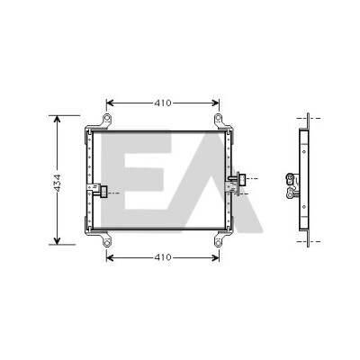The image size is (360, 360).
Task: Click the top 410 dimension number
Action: (x=163, y=103)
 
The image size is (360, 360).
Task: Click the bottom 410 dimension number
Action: (x=163, y=257)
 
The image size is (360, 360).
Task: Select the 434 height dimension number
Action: (x=57, y=183)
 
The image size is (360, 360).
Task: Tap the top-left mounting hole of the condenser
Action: (x=107, y=118)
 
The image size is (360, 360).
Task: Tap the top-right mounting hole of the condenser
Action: (x=219, y=118)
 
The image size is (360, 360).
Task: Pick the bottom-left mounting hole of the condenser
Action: (x=107, y=242)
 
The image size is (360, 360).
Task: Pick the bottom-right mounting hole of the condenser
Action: (x=219, y=242)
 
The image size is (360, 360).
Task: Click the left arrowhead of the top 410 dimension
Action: (x=110, y=103)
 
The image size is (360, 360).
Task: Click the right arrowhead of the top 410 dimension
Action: (x=215, y=103)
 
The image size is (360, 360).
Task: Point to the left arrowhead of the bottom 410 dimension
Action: (x=110, y=257)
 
